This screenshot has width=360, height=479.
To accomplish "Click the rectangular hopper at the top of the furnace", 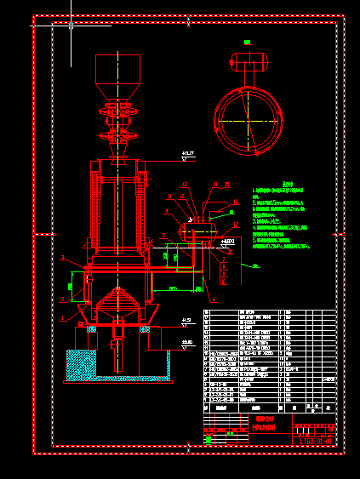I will [117, 69].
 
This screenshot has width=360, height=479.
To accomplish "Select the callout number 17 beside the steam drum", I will [235, 224].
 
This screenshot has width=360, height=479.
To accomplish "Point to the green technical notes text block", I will [285, 218].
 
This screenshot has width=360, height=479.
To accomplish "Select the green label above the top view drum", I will [247, 42].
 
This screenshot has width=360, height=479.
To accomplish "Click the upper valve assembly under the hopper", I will [117, 110].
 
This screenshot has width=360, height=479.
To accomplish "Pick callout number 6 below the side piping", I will [214, 299].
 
